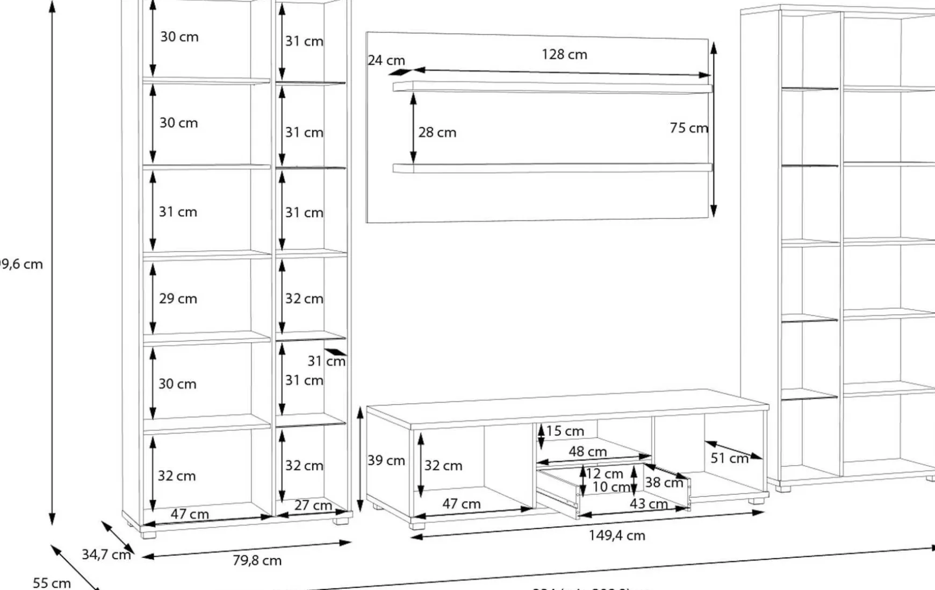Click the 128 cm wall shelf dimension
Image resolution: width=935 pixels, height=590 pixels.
[564, 54]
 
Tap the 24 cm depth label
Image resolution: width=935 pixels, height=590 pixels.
[386, 60]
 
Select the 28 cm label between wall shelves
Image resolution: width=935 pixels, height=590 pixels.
[437, 132]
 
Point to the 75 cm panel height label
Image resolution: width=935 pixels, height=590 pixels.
[688, 128]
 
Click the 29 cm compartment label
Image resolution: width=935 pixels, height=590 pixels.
[178, 298]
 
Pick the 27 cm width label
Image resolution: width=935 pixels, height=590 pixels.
[313, 505]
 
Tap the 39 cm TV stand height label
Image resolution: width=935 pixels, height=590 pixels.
[386, 460]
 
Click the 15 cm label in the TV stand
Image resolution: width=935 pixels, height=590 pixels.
[565, 431]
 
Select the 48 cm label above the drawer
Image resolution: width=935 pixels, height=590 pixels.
[587, 451]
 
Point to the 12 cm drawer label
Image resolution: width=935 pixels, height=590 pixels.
[605, 473]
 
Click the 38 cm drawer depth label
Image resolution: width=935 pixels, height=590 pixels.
[664, 482]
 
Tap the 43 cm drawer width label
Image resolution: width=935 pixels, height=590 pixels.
[649, 504]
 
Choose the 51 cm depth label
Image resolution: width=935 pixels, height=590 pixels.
[729, 458]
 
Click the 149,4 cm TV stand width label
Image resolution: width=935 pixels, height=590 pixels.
[616, 535]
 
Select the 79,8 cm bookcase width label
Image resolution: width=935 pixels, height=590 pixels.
[257, 560]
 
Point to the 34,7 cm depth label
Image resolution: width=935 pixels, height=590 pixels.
[106, 554]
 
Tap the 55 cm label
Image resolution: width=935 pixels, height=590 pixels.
[52, 582]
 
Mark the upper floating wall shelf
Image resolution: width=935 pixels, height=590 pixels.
[552, 88]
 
